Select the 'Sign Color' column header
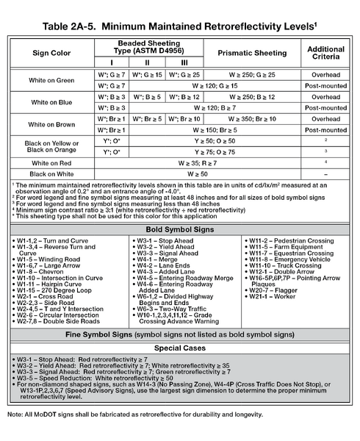(x=51, y=52)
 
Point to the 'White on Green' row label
(x=51, y=80)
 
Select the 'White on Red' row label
(x=51, y=162)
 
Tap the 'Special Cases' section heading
(x=180, y=348)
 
